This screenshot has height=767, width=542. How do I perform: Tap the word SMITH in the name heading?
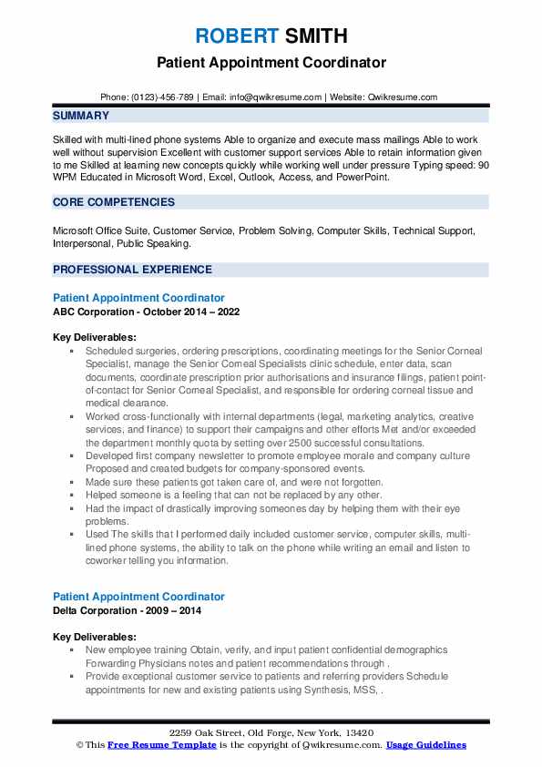pos(315,36)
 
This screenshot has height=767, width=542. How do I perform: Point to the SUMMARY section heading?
pos(81,117)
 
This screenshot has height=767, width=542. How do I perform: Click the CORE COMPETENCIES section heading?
pos(114,202)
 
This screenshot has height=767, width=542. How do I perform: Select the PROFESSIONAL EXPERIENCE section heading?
pos(132,270)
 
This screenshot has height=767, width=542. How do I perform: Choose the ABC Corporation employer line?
pos(141,311)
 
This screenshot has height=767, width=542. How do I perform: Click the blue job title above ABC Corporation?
pos(138,298)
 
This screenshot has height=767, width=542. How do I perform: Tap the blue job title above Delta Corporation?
pos(138,597)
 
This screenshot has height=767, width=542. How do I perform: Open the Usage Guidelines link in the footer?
pos(425,745)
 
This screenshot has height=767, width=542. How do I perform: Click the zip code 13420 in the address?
pos(354,732)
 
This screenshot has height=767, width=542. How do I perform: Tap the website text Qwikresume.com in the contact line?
pos(404,97)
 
